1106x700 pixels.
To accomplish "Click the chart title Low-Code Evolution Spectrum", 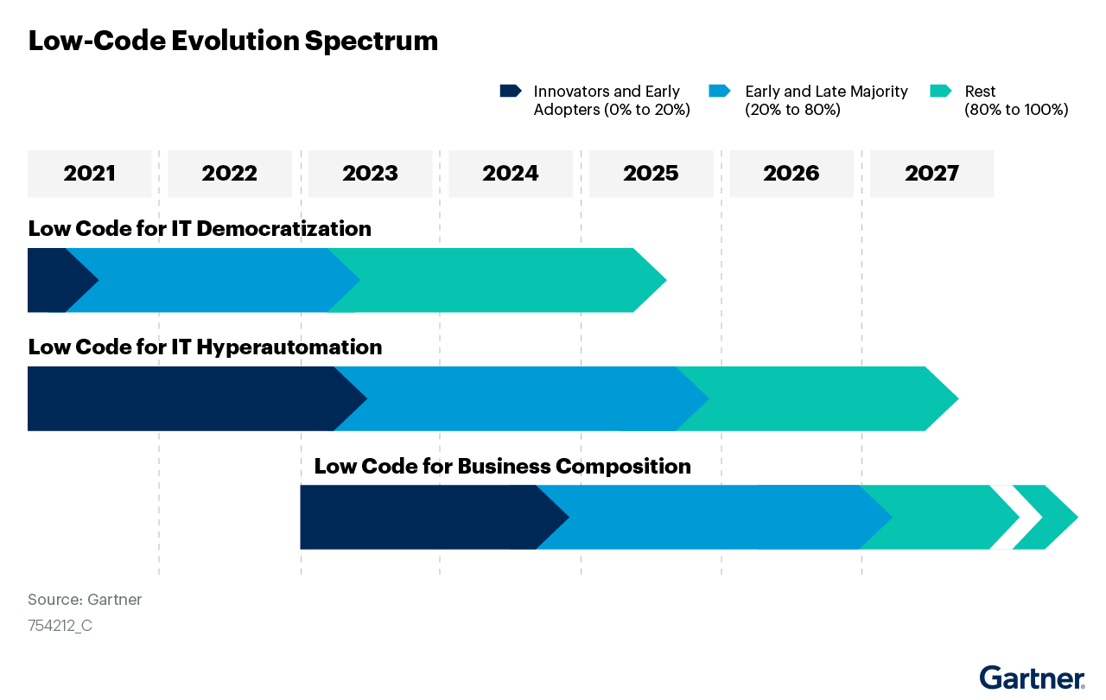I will [233, 41].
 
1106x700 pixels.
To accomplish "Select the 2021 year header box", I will [90, 174].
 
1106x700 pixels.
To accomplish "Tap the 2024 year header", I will [511, 174].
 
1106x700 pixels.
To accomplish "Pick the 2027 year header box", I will [931, 174].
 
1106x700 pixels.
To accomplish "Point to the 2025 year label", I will [651, 174].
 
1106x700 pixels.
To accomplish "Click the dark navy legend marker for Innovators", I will [510, 91].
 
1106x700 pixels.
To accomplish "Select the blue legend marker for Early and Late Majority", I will [719, 91].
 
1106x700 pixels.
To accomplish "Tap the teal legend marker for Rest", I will [940, 91].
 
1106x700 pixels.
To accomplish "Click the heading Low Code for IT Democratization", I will [200, 229].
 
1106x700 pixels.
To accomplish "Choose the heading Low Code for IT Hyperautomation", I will [205, 347].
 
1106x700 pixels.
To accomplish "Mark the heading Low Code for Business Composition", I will [502, 467].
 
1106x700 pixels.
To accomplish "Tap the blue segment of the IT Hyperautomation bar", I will [518, 398].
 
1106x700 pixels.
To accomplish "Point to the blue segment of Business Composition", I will [709, 517].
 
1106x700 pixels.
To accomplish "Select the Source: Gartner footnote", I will [85, 600].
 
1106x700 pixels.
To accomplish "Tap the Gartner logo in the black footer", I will [1032, 678].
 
